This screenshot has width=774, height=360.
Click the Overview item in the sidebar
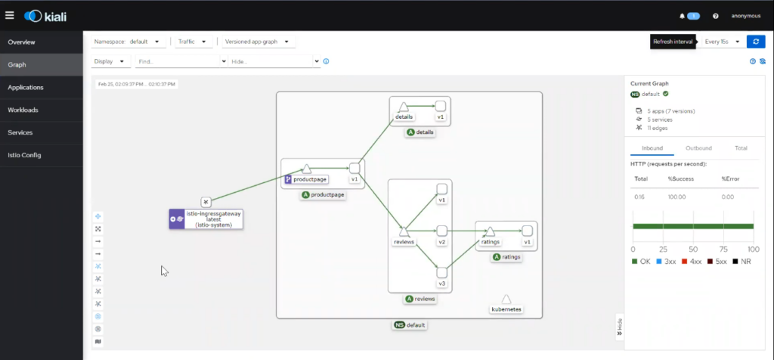(21, 42)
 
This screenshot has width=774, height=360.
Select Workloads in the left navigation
(23, 110)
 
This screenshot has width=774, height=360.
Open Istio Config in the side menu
(25, 155)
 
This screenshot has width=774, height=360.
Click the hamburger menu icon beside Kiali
(9, 15)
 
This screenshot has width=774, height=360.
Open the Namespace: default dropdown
(126, 42)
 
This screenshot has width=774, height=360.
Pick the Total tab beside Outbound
(741, 148)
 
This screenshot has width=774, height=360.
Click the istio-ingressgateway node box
(206, 219)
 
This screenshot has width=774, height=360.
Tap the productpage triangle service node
(307, 169)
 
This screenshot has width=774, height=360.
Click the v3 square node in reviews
(442, 272)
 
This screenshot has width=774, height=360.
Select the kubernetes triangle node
(506, 299)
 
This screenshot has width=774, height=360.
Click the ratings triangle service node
(490, 231)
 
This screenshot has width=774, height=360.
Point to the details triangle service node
(404, 106)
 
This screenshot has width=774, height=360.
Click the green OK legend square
(634, 262)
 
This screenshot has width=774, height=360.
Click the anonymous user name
(745, 15)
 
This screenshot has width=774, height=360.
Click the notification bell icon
(681, 15)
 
